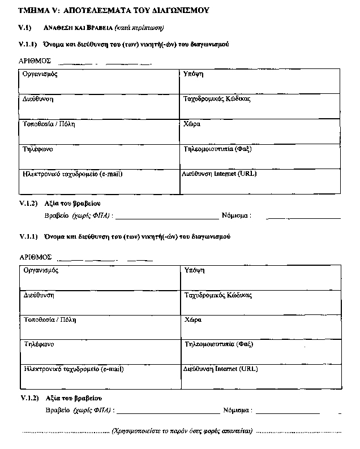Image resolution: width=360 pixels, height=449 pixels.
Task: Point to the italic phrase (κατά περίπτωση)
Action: [139, 28]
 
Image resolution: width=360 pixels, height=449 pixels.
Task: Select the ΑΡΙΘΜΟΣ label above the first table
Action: [35, 60]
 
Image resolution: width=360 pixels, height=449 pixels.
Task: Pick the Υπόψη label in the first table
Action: [194, 74]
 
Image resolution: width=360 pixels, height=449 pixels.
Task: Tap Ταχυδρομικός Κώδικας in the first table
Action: [217, 99]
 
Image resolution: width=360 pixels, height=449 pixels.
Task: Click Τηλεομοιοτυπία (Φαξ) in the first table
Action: [218, 149]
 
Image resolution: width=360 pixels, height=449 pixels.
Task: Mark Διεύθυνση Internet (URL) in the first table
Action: [219, 174]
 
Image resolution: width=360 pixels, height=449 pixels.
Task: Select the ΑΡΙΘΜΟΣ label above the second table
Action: [35, 257]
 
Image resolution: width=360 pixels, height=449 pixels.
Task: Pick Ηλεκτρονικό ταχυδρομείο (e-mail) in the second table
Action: [74, 369]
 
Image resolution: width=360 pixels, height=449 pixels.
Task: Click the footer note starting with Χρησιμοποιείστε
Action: [182, 431]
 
